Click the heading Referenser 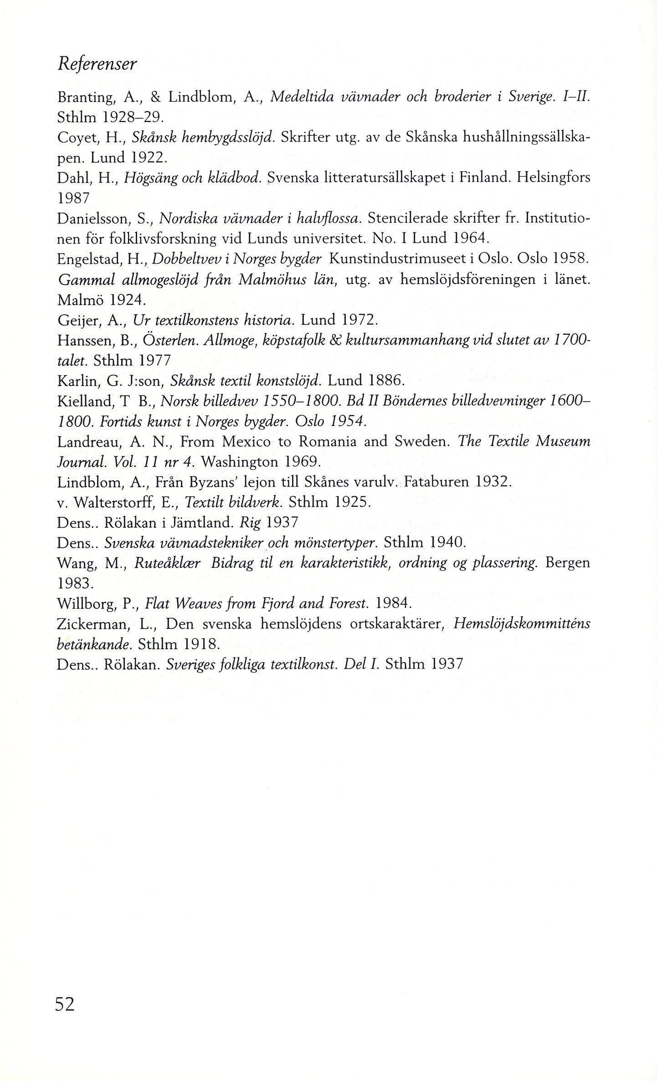[97, 64]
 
